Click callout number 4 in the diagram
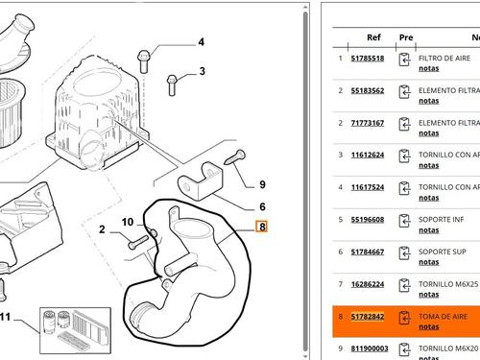201,42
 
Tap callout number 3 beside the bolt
202,71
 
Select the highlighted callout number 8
262,227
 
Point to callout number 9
262,184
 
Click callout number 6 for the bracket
262,206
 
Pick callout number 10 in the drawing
128,222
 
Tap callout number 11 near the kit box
5,317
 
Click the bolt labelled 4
144,61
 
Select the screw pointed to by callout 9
235,157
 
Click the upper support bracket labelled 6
200,181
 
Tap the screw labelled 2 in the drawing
138,242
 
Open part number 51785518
368,59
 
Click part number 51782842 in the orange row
368,317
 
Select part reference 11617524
368,187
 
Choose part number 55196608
368,220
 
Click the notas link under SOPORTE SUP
429,262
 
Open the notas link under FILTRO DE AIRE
429,68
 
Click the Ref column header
373,37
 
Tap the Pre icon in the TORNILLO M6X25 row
404,285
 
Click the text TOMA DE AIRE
443,317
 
